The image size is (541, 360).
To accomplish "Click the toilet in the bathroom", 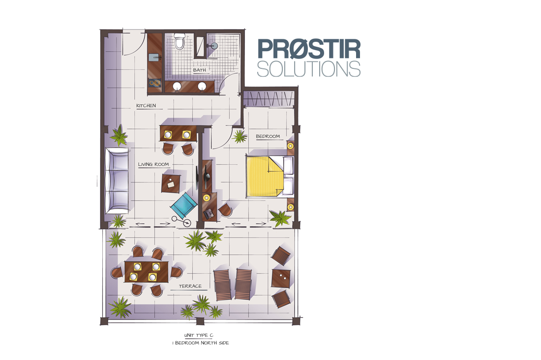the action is (180, 41).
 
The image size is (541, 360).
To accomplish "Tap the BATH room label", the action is (199, 70).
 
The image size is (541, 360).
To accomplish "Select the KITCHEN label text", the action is (146, 106).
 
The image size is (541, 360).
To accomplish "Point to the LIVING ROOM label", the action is (153, 164).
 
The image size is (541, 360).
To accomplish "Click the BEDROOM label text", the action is (268, 136).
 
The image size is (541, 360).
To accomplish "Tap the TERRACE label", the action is (190, 286).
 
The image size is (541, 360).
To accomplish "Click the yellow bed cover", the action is (264, 177).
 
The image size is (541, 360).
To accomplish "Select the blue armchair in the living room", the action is (184, 204).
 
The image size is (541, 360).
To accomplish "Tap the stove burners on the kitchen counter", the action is (155, 83).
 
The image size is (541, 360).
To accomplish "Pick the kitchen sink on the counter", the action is (154, 58).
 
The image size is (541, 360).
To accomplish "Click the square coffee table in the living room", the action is (171, 183).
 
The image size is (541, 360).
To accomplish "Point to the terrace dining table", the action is (146, 271).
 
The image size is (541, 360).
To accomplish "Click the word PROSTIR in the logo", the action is (309, 49).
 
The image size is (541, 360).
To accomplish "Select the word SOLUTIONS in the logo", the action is (309, 69).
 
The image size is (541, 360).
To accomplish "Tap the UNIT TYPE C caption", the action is (199, 335).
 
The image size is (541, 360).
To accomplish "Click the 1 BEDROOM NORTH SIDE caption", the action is (201, 343).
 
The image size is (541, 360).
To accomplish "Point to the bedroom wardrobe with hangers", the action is (268, 99).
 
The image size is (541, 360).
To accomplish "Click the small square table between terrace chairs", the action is (281, 278).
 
